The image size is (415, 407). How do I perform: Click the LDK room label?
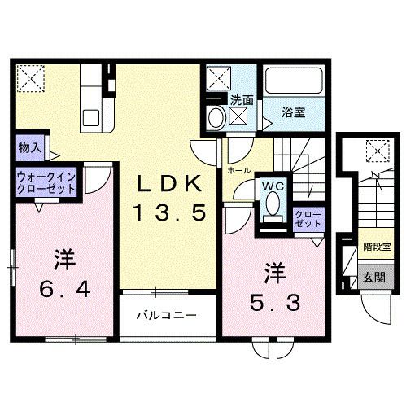coord(170,184)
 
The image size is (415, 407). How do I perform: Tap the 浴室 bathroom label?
coord(294,112)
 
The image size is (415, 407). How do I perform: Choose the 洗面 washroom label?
coord(242,101)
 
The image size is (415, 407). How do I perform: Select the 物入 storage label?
coord(29,149)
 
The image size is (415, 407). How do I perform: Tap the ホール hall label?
coord(238,172)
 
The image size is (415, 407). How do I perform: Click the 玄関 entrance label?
coord(375,277)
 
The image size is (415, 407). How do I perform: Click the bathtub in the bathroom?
coord(295,82)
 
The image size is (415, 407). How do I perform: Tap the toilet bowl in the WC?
coord(272,213)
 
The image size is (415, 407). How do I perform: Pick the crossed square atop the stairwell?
coord(376,150)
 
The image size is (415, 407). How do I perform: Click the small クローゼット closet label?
coord(308,217)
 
